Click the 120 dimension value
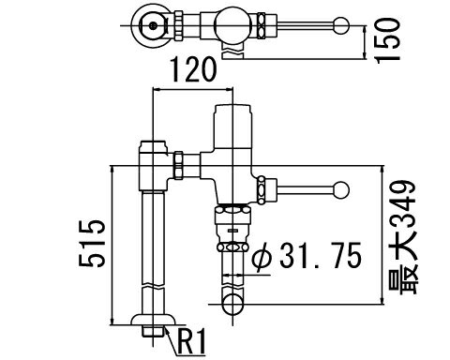pos(193,69)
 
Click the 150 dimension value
pos(388,40)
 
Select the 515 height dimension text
pos(92,244)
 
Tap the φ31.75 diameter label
pos(307,256)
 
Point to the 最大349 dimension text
pos(402,237)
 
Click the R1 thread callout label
pos(192,341)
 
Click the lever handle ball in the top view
pos(341,25)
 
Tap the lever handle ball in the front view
pos(341,190)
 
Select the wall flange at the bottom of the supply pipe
pos(153,320)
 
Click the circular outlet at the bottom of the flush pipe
pos(232,304)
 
